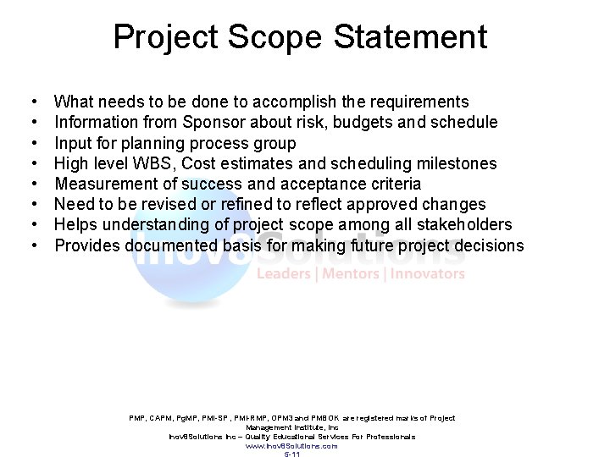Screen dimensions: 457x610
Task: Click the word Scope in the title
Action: coord(274,37)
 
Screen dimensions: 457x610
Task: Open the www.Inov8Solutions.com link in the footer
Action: coord(291,446)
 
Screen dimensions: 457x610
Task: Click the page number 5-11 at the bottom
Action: coord(291,454)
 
